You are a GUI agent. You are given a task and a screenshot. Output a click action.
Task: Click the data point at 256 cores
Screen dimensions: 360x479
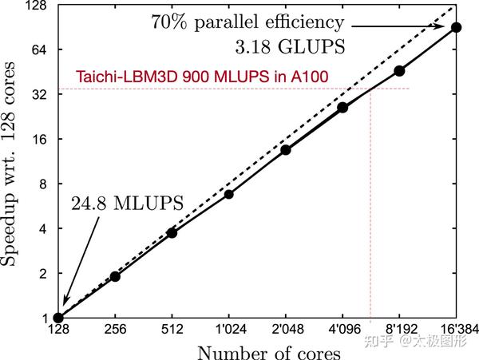(x=115, y=276)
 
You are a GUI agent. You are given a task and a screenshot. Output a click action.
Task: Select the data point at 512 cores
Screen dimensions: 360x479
(x=172, y=232)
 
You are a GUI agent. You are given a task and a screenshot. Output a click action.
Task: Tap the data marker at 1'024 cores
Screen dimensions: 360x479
(x=229, y=194)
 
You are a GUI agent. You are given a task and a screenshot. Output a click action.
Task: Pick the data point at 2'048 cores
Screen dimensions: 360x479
(x=286, y=150)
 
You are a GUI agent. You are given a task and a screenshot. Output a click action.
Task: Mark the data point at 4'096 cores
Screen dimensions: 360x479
(x=342, y=108)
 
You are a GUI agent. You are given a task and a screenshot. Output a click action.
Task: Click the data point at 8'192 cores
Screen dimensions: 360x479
(x=400, y=71)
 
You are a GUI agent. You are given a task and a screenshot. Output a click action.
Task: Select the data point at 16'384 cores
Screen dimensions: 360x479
(x=457, y=27)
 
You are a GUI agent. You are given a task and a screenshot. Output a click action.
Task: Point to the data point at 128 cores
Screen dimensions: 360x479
(x=57, y=318)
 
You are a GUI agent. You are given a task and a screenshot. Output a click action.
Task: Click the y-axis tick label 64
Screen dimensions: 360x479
(x=38, y=49)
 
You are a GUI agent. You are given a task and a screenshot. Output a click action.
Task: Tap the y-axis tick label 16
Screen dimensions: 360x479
(x=38, y=139)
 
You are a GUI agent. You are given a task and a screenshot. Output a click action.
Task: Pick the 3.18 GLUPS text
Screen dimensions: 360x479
(x=296, y=46)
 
